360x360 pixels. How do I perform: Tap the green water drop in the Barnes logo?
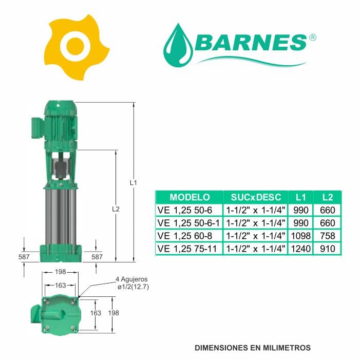(x=178, y=46)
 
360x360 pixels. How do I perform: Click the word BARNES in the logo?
(x=252, y=43)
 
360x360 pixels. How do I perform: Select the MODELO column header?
(x=190, y=197)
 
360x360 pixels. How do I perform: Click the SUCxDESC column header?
(x=256, y=197)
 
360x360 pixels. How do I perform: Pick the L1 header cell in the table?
(x=301, y=197)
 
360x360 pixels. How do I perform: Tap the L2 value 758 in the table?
(x=328, y=236)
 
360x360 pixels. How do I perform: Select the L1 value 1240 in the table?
(x=301, y=249)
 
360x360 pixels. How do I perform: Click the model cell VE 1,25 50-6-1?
(x=188, y=223)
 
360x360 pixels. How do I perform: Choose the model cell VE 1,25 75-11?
(x=187, y=249)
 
